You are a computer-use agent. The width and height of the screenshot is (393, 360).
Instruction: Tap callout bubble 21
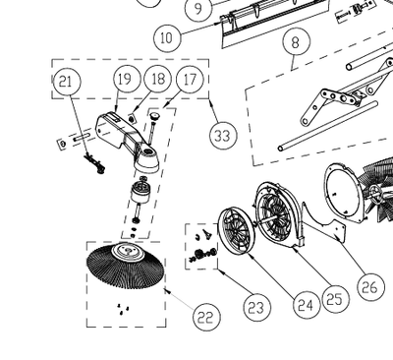(x=66, y=83)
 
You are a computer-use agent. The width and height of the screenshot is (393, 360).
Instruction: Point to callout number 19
(x=123, y=79)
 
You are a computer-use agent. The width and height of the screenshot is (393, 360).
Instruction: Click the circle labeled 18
(x=156, y=79)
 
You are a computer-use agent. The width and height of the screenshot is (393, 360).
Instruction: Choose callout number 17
(x=190, y=79)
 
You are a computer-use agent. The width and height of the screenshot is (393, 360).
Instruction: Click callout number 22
(x=204, y=316)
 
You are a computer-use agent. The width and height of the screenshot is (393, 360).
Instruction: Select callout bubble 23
(x=255, y=308)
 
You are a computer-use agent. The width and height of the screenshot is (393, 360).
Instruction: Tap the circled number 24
(x=305, y=306)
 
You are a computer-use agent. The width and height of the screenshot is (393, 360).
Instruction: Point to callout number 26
(x=369, y=287)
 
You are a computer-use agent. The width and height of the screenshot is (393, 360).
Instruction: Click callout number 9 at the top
(x=197, y=10)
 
